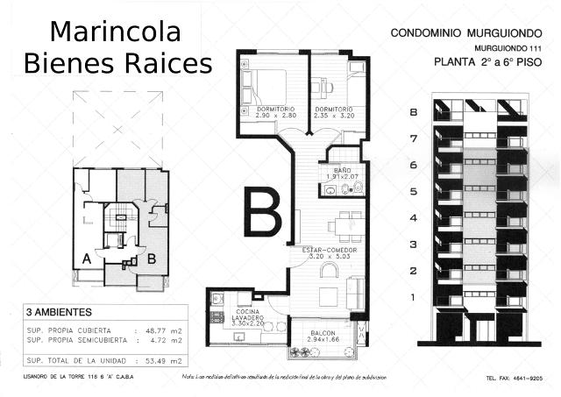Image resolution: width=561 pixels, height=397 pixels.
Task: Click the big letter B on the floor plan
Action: click(x=262, y=212)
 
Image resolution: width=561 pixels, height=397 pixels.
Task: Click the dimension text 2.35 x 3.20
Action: click(x=333, y=116)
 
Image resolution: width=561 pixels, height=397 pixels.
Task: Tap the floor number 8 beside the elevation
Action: click(x=413, y=111)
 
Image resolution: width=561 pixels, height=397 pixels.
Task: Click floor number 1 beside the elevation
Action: click(x=413, y=298)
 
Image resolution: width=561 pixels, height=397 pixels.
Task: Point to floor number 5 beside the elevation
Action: click(x=413, y=191)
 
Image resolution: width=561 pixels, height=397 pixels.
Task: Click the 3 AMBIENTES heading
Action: click(x=59, y=312)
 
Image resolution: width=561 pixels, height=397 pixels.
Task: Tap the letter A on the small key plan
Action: click(x=87, y=259)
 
